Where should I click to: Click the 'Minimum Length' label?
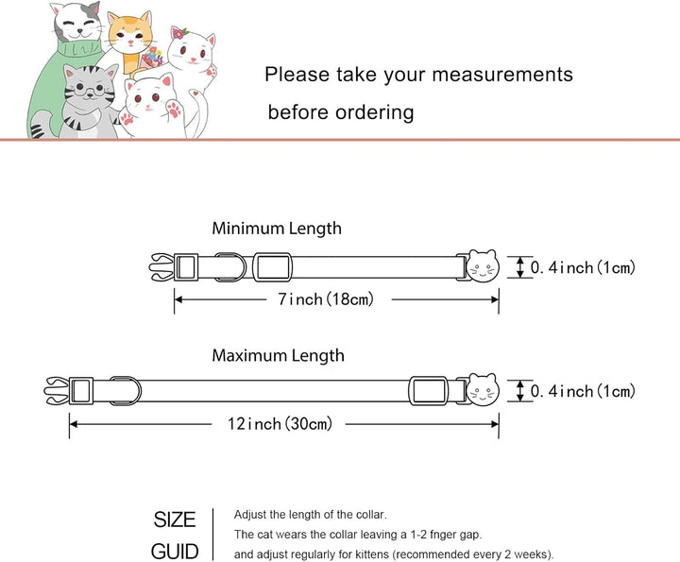tap(277, 229)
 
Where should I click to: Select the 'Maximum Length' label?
tap(278, 356)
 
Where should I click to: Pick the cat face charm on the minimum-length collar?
tap(483, 266)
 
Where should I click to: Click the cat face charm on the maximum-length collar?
tap(483, 389)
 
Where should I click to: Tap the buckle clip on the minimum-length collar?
tap(162, 266)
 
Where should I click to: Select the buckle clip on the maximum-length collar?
tap(58, 389)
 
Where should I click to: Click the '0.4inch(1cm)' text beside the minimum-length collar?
tap(582, 268)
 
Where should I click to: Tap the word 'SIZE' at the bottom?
tap(175, 519)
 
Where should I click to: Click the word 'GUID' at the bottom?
tap(175, 551)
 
